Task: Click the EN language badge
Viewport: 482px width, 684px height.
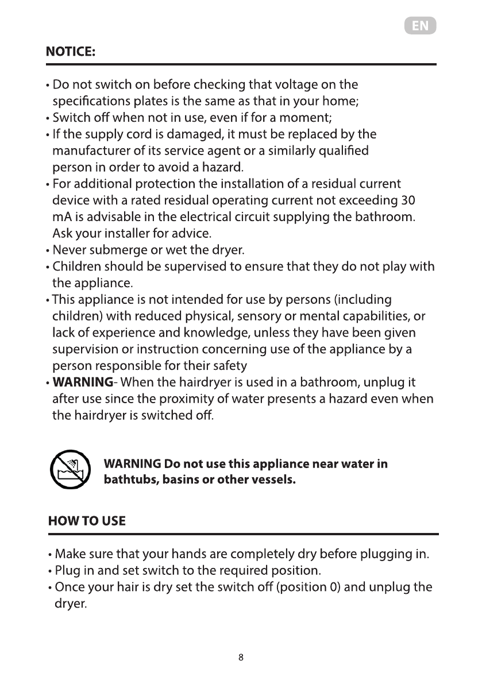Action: pos(420,26)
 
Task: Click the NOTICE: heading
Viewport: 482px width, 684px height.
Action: pos(71,52)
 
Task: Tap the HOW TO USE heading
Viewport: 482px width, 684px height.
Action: pos(87,521)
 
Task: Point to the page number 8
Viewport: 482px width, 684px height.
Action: pos(241,657)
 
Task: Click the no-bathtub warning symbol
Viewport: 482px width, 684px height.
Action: pos(70,470)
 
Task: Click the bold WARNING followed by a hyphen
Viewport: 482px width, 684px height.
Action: pos(82,382)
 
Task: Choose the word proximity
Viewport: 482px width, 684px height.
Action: pos(209,399)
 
